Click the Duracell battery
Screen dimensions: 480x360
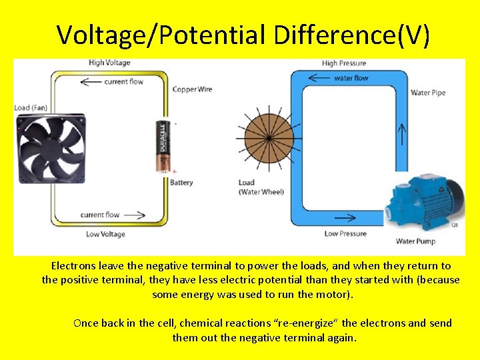click(x=163, y=146)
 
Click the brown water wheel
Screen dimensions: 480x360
click(x=267, y=138)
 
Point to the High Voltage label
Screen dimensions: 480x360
click(x=109, y=63)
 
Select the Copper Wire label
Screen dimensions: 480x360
click(x=193, y=89)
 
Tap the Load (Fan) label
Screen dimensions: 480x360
click(x=32, y=107)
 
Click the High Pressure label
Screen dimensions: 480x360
click(x=344, y=63)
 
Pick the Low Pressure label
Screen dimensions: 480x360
click(x=345, y=233)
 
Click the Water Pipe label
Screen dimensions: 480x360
click(x=428, y=93)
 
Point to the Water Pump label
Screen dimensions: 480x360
click(x=415, y=241)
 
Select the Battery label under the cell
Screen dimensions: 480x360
click(x=181, y=182)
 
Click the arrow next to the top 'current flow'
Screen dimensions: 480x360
click(x=90, y=82)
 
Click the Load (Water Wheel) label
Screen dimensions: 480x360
click(x=261, y=187)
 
